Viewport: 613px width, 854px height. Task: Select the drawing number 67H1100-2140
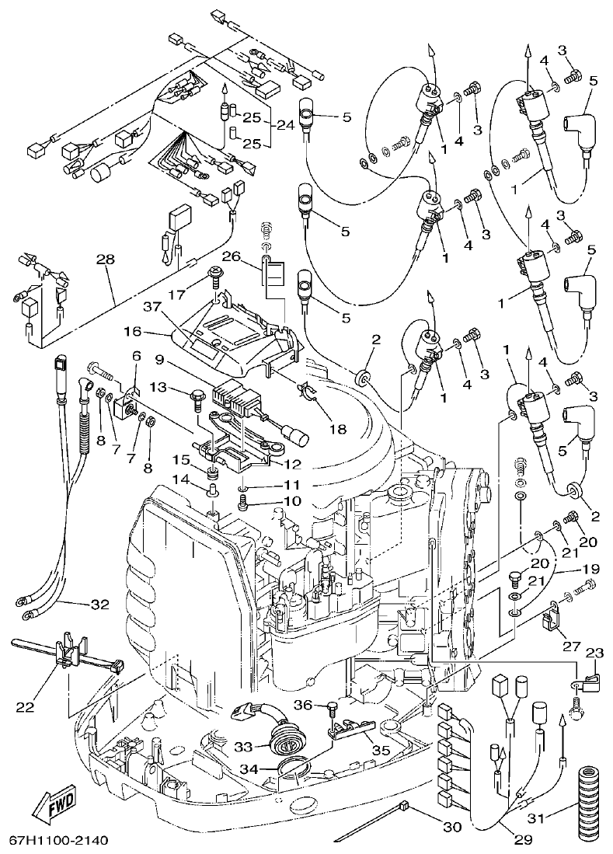click(x=58, y=841)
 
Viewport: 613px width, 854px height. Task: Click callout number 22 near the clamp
click(x=26, y=706)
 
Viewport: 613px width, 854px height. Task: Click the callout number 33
click(x=244, y=746)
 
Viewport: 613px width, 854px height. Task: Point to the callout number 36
click(x=305, y=705)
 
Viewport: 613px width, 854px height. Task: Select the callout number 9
click(x=159, y=360)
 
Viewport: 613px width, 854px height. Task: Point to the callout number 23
click(x=594, y=653)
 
